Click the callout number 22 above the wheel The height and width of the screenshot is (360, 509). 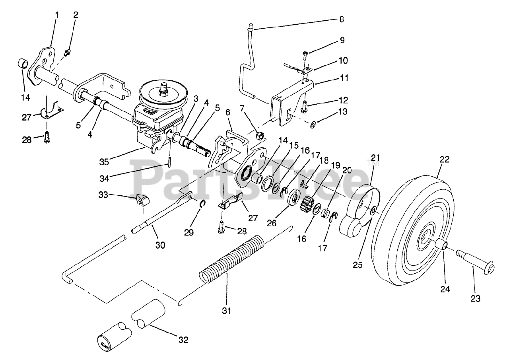coord(445,160)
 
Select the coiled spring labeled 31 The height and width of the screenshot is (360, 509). coord(231,259)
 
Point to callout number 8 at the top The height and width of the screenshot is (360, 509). coord(342,19)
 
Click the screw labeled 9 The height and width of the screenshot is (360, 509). coord(305,54)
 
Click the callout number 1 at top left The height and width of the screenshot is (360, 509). coord(56,16)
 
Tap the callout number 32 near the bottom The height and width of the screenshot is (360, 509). coord(183,340)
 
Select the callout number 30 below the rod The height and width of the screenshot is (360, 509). coord(160,245)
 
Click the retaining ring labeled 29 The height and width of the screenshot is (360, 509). coord(202,204)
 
